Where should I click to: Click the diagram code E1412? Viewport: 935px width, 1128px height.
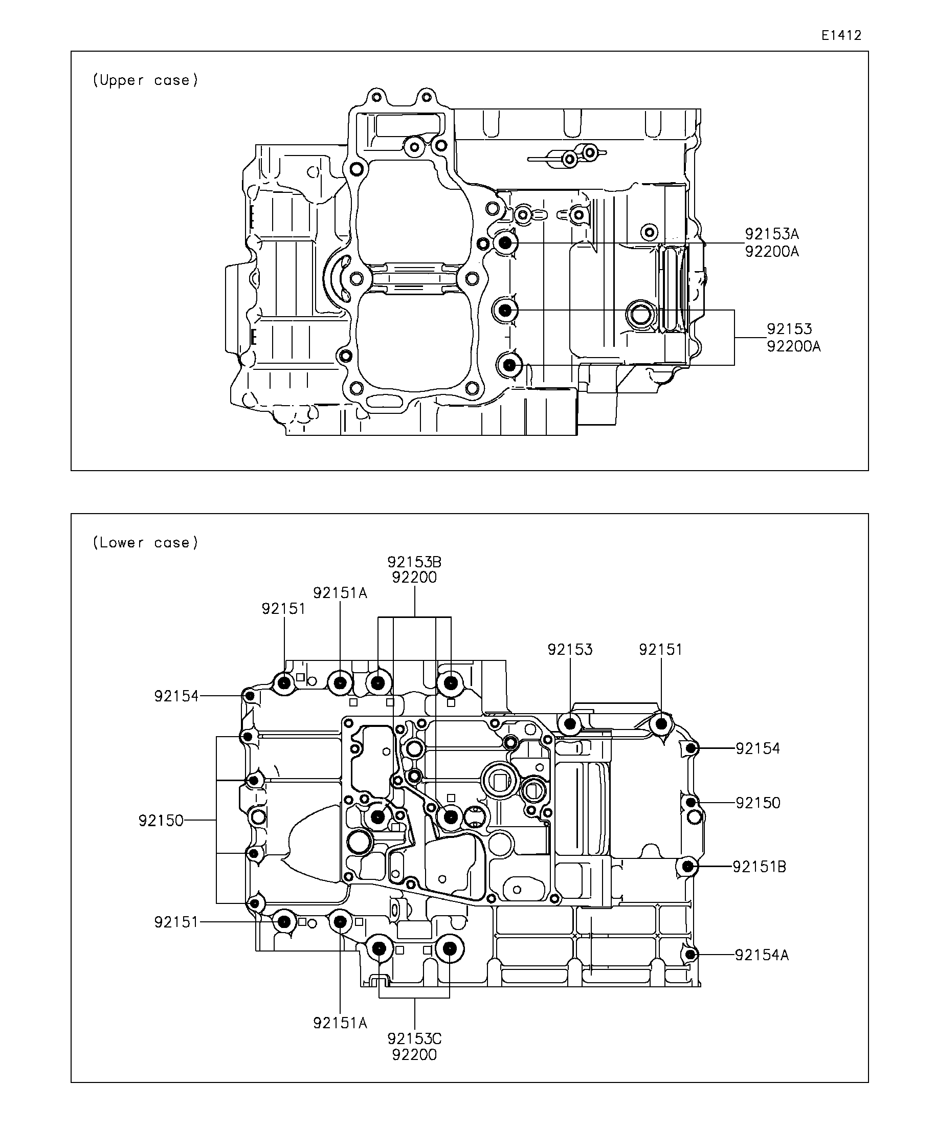click(x=841, y=35)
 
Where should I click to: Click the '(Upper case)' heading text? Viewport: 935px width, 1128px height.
click(x=146, y=81)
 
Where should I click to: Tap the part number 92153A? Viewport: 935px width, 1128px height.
click(x=772, y=234)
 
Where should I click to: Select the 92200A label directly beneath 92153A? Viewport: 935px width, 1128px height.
click(x=772, y=251)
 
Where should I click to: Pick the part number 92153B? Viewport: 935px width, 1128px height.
click(x=414, y=562)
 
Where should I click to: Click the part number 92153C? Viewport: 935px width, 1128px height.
click(x=414, y=1039)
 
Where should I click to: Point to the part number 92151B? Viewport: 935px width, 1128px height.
click(x=760, y=867)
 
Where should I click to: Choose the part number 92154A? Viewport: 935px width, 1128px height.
click(x=762, y=955)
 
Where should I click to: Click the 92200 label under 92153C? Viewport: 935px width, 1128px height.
click(x=414, y=1055)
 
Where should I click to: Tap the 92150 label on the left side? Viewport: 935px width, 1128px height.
click(x=161, y=820)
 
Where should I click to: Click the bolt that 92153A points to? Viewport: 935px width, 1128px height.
click(x=505, y=243)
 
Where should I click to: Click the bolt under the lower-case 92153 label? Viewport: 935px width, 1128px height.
click(x=570, y=724)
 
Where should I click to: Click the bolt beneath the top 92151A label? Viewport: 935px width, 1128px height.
click(x=340, y=683)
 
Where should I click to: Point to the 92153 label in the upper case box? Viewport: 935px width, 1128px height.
click(x=789, y=329)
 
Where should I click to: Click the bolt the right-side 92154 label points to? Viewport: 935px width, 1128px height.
click(x=692, y=748)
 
